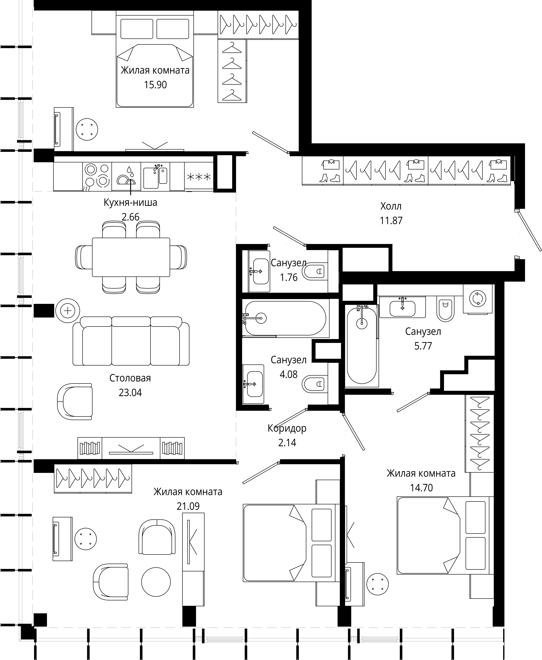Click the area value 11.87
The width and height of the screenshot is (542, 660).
tap(391, 221)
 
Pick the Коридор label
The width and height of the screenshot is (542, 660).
tap(287, 428)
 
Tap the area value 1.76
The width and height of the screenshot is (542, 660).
tap(289, 277)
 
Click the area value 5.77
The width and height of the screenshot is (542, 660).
tap(423, 346)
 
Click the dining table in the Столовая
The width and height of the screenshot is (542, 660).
tap(131, 257)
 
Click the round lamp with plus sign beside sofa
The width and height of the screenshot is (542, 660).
tap(68, 311)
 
